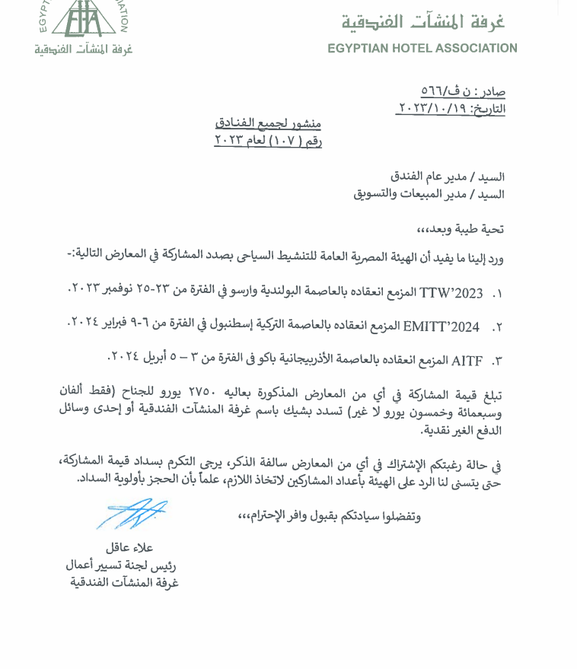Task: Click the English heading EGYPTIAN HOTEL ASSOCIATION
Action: (422, 48)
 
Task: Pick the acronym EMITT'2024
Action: (442, 327)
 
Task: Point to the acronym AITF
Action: (465, 359)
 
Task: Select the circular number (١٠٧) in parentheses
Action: (285, 140)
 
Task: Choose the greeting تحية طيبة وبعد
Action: (461, 228)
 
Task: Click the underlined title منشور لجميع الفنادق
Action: (268, 123)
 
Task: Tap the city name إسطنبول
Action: (247, 327)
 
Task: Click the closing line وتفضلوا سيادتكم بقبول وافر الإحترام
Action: (329, 516)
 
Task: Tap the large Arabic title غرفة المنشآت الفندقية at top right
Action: (422, 22)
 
